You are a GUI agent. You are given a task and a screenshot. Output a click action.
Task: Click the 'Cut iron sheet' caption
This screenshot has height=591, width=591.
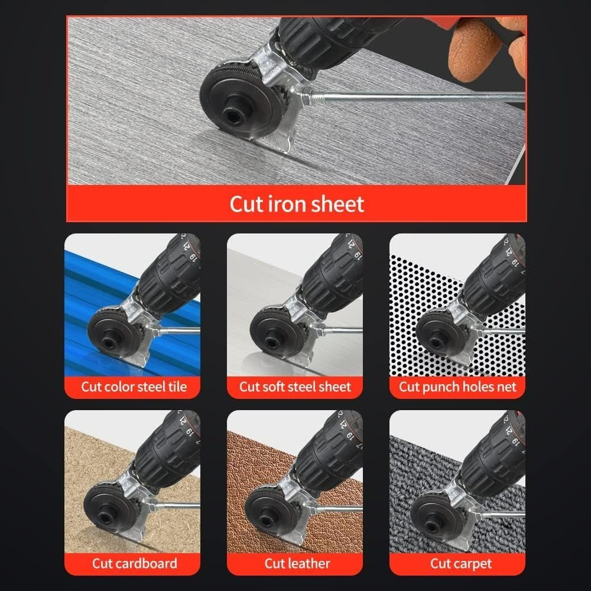pos(296,204)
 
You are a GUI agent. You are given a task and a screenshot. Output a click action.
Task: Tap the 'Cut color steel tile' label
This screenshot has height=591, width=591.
pos(134,387)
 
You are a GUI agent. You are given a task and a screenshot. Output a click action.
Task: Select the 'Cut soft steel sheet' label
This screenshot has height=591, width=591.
pos(295,387)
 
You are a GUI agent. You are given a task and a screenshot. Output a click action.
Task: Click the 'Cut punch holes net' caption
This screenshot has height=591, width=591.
pos(457,387)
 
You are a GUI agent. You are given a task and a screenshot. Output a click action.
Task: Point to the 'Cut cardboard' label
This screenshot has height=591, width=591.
pos(134,563)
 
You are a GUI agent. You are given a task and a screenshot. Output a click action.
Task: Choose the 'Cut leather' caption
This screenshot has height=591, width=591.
pos(296,563)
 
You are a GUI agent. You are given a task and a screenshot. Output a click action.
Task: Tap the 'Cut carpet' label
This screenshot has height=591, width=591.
pos(460,563)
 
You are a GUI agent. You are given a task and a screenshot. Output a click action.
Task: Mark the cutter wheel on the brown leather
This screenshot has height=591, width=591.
pos(272,508)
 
